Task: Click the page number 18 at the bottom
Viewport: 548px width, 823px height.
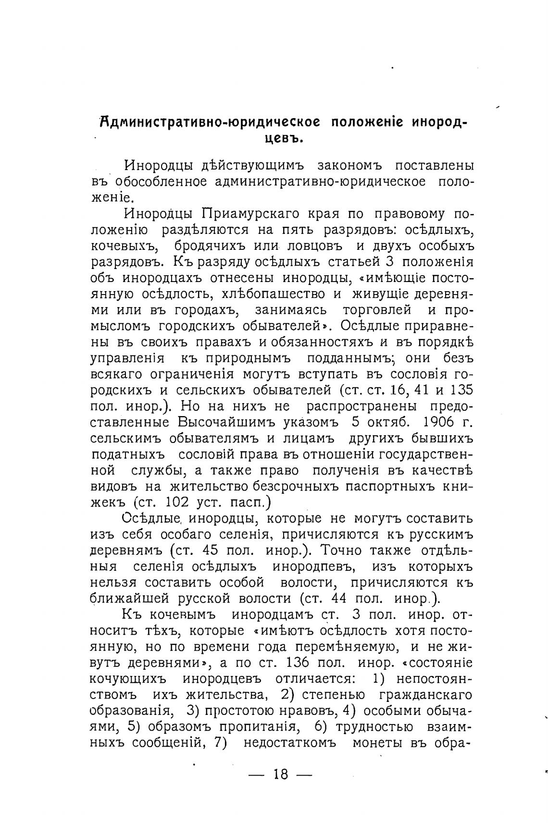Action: (281, 774)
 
